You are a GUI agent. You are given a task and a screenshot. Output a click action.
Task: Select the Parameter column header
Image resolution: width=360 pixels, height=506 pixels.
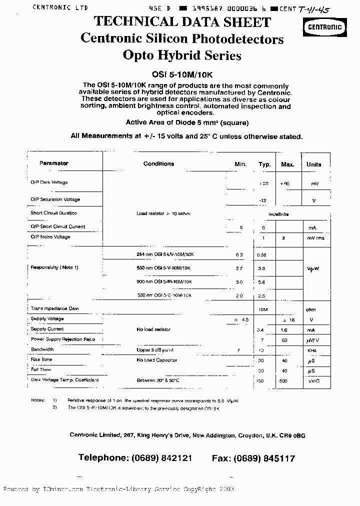click(54, 163)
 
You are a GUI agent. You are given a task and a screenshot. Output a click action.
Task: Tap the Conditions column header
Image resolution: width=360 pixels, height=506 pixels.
click(158, 164)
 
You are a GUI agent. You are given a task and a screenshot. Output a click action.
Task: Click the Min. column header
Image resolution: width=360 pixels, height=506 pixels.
click(240, 164)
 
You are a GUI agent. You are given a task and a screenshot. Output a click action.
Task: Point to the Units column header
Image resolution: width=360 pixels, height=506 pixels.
click(314, 164)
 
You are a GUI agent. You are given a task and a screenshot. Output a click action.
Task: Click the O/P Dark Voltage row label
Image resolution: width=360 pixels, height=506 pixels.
click(49, 182)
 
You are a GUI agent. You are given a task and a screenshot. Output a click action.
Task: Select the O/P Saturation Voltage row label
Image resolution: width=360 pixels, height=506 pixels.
click(55, 199)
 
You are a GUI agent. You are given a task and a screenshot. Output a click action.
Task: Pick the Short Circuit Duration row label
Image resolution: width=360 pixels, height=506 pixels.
click(54, 213)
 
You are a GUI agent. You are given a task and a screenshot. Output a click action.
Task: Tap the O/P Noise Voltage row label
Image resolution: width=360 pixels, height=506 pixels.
click(50, 237)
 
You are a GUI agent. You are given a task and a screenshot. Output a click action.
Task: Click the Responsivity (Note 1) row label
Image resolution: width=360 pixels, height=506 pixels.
click(54, 267)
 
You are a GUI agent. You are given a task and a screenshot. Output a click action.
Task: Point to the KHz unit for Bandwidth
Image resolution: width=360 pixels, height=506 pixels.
click(312, 350)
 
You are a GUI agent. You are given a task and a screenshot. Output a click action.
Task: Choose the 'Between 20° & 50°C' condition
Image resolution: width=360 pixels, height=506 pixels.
click(158, 380)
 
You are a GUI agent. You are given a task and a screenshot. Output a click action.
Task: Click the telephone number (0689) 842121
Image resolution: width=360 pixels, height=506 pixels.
click(161, 458)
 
